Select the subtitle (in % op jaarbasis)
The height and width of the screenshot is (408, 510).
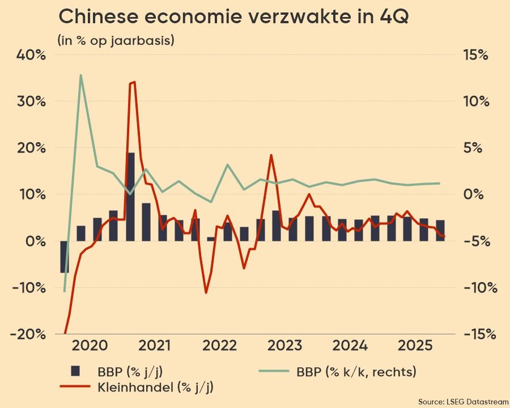115,40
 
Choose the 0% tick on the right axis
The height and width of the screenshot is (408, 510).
475,194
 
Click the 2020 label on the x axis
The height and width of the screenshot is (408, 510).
90,346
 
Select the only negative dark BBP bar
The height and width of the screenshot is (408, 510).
65,257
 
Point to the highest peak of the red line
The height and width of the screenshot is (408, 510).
133,83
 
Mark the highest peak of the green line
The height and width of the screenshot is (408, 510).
81,75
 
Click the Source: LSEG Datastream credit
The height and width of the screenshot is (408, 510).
463,401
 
